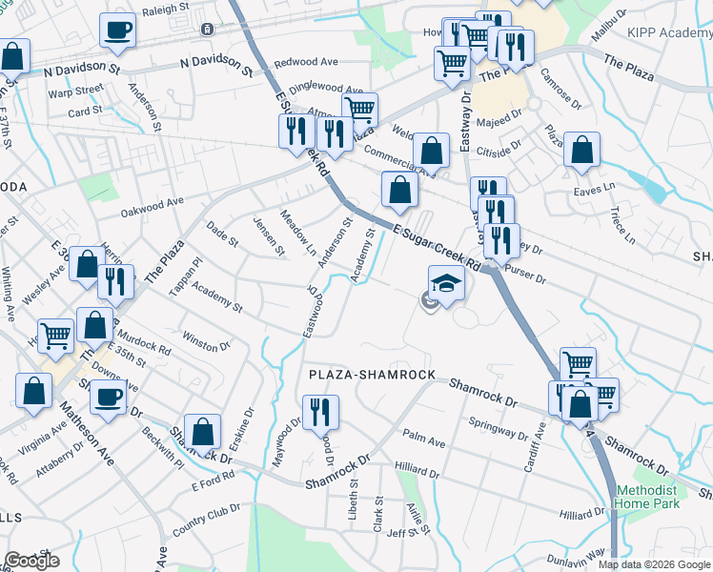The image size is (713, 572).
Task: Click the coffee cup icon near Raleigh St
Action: tap(117, 30)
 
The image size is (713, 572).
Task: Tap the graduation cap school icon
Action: tap(446, 283)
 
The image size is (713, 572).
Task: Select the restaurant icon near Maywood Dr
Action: tap(320, 412)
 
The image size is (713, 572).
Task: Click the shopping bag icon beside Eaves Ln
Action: tap(581, 151)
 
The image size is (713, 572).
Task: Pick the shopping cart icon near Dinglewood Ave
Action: tap(360, 109)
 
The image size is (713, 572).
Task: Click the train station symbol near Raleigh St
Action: tap(206, 30)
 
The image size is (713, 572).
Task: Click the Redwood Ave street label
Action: tap(305, 62)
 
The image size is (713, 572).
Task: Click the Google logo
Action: tap(31, 561)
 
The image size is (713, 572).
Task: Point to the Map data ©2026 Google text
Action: tap(653, 564)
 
